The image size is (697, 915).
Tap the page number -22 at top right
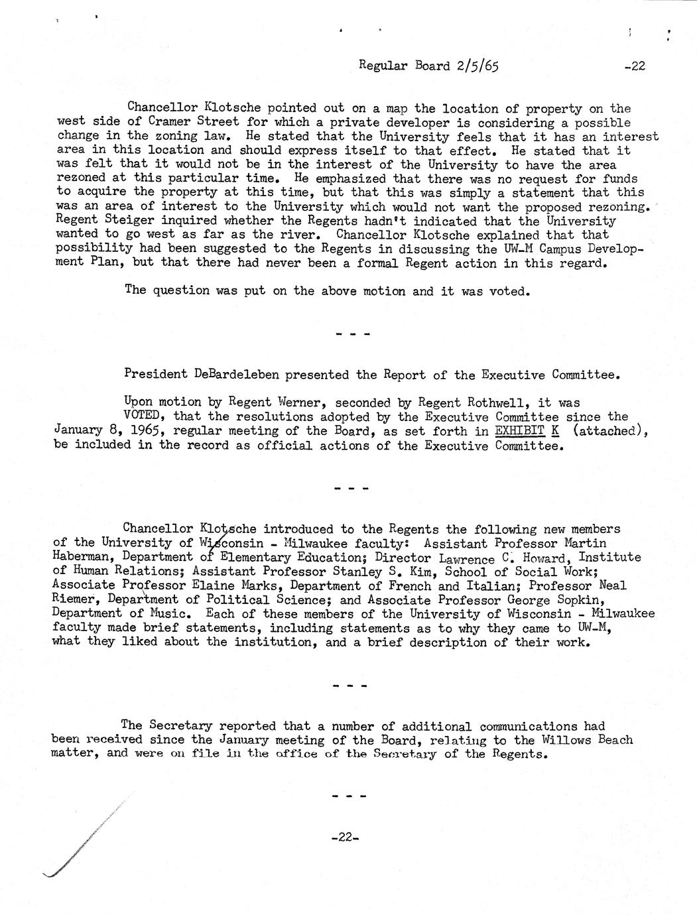point(634,66)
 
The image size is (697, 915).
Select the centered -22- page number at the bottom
point(344,837)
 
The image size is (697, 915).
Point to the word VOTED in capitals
point(145,417)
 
